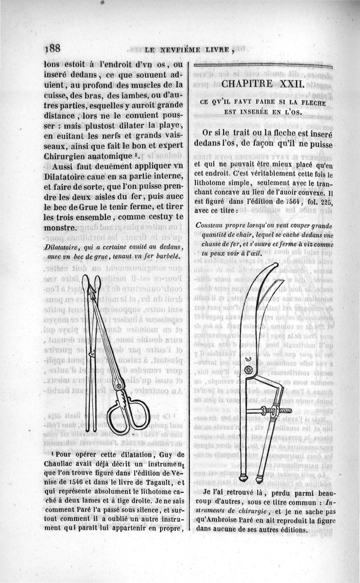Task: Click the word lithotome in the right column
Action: click(x=214, y=184)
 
